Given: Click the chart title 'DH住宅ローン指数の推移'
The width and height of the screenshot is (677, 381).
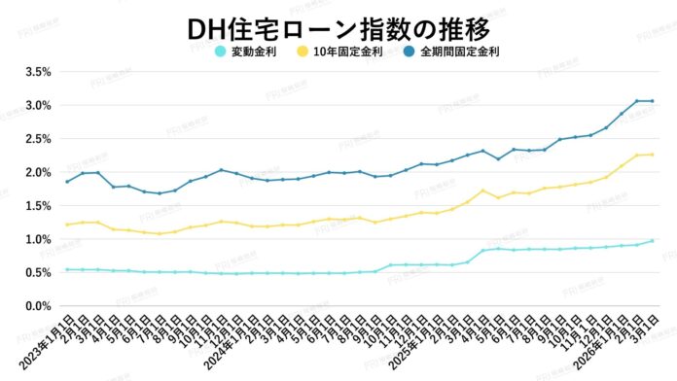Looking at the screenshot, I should pos(338,24).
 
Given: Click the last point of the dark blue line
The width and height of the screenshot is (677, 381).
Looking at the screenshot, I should pos(652,101).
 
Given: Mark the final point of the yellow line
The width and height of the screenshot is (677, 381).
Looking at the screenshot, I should pos(652,155).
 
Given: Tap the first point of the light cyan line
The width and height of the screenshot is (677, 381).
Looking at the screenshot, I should pos(66,269).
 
